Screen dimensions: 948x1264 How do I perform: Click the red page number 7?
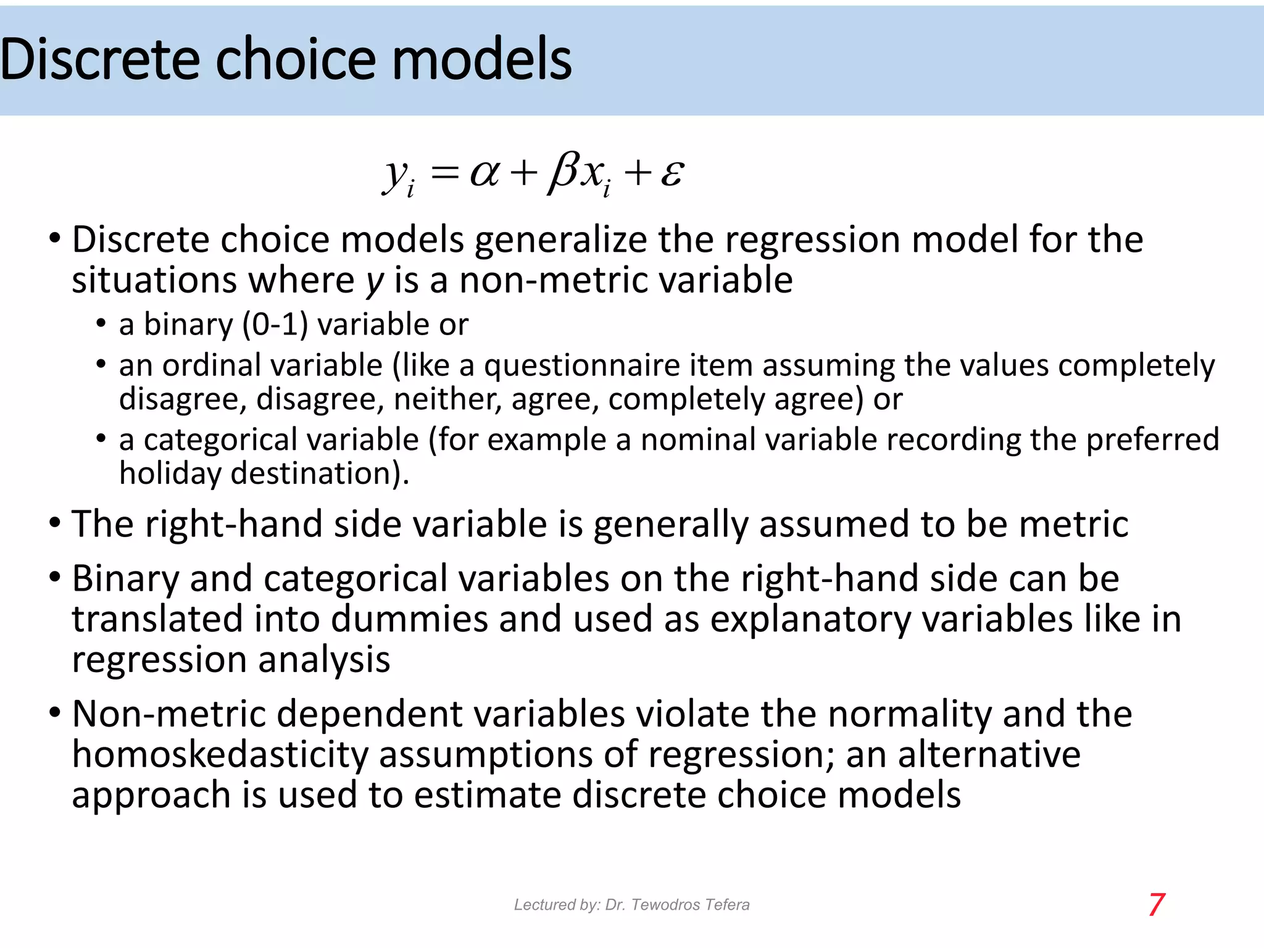coord(1157,905)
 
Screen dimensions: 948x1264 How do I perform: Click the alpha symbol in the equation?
coord(484,173)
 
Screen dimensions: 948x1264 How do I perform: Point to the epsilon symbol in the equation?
coord(672,173)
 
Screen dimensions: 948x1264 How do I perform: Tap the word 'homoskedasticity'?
coord(220,754)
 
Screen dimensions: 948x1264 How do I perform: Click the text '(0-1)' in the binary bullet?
coord(275,325)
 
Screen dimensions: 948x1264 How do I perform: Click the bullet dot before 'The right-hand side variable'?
coord(55,523)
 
